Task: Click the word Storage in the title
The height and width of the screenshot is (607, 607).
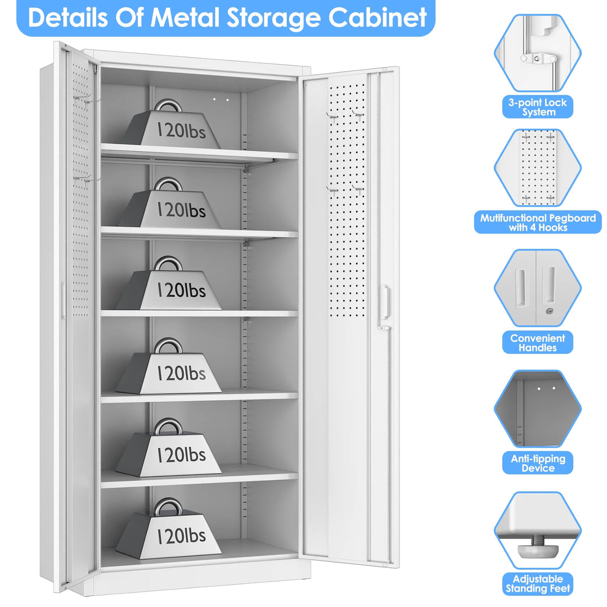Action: tap(273, 18)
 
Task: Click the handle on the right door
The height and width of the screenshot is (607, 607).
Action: tap(385, 302)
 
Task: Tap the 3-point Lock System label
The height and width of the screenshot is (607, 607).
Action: tap(537, 107)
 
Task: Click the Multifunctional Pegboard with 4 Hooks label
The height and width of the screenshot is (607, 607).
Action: tap(538, 222)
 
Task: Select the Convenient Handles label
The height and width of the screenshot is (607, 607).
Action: tap(537, 343)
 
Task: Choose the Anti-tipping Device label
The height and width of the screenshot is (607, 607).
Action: tap(537, 463)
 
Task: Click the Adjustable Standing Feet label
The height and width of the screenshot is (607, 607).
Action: tap(537, 584)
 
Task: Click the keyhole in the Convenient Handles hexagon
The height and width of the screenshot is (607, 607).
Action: tap(550, 311)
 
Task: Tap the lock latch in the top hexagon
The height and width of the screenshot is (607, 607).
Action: tap(538, 59)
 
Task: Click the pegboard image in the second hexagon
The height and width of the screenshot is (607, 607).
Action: tap(538, 168)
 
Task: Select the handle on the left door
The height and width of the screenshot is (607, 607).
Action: tap(62, 301)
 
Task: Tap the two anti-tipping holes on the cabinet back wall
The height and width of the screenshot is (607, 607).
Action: tap(221, 100)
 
